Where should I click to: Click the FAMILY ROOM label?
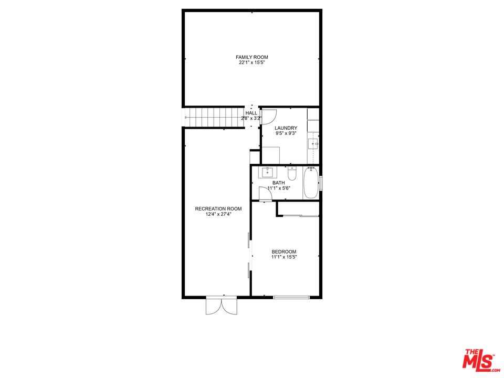point(251,57)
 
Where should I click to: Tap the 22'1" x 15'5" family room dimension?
point(251,62)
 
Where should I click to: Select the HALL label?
point(251,113)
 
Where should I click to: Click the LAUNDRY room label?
point(286,128)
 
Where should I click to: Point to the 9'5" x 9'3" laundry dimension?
point(286,133)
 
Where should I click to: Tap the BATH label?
point(279,183)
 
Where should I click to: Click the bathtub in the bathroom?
point(311,183)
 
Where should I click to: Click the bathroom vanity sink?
point(267,172)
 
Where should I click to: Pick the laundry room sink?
point(313,144)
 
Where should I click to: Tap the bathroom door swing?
point(265,194)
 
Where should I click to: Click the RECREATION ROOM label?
point(218,208)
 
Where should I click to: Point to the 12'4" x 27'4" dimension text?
point(218,214)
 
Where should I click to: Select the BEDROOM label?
point(284,251)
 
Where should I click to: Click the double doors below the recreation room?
point(222,306)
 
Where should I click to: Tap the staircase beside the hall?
point(214,118)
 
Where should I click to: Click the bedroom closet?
point(298,208)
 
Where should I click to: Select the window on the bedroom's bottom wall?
point(291,297)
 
